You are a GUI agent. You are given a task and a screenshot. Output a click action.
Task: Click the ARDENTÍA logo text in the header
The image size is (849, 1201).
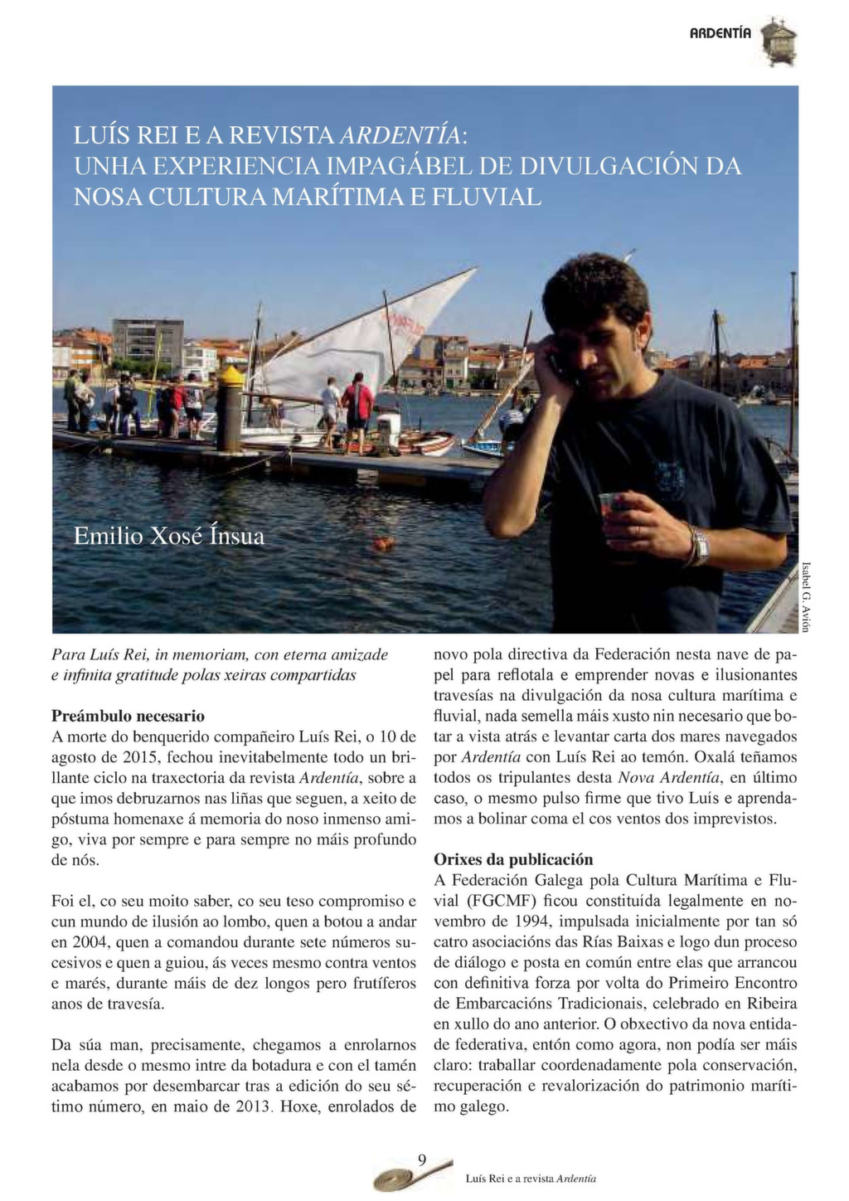720,33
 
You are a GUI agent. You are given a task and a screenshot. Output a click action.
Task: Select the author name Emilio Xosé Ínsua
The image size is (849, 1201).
169,537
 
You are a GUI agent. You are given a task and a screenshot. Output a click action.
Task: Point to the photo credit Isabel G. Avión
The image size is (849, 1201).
805,596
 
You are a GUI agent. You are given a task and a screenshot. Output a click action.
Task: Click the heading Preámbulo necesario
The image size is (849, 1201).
128,716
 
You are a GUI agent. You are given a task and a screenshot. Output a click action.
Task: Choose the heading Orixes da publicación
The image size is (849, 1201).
513,859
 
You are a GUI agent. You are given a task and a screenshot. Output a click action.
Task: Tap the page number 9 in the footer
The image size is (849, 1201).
422,1160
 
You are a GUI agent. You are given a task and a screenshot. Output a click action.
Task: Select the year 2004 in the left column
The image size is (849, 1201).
86,942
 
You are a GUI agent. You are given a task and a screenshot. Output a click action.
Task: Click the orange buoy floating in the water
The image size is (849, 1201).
382,543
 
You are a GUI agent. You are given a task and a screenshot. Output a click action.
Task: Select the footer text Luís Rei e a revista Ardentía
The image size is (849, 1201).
531,1179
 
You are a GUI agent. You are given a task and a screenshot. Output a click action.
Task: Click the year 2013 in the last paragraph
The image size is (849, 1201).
253,1106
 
